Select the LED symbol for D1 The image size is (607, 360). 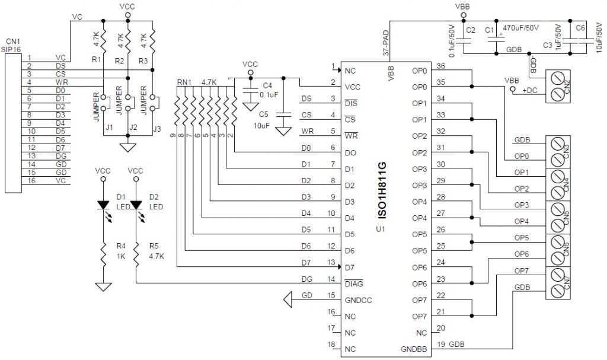coord(104,205)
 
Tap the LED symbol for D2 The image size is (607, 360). coord(136,205)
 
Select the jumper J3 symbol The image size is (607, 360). coord(153,102)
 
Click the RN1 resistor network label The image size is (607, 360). coord(185,82)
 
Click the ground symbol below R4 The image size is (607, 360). coord(104,287)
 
